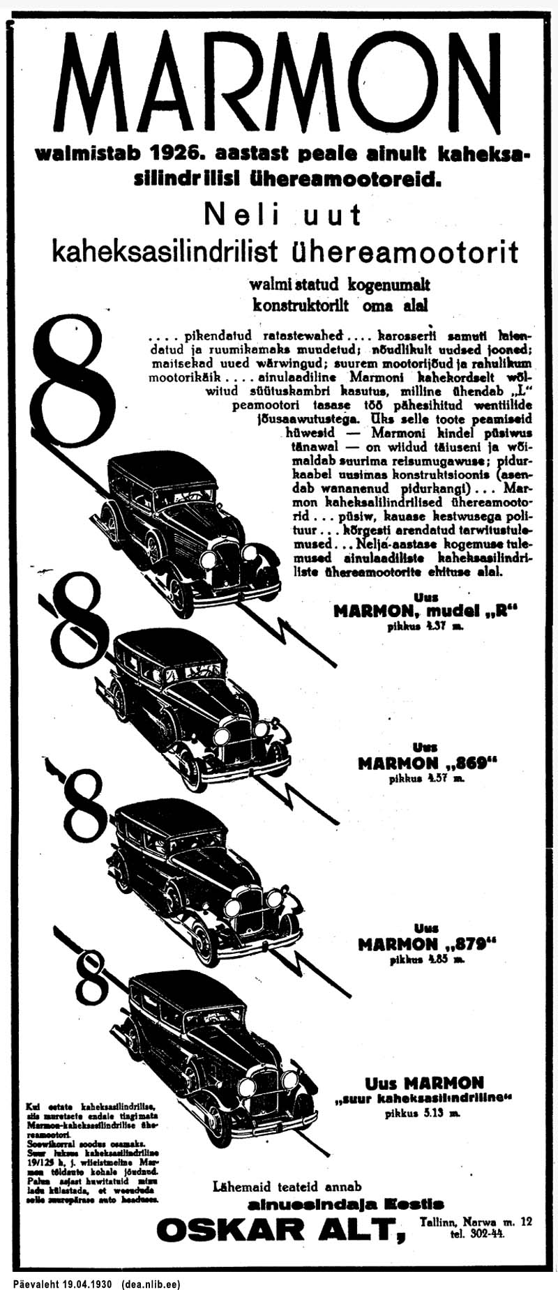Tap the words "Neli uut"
pos(282,215)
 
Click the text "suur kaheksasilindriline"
pos(424,1099)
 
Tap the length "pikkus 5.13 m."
pos(423,1114)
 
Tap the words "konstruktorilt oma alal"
pos(340,305)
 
